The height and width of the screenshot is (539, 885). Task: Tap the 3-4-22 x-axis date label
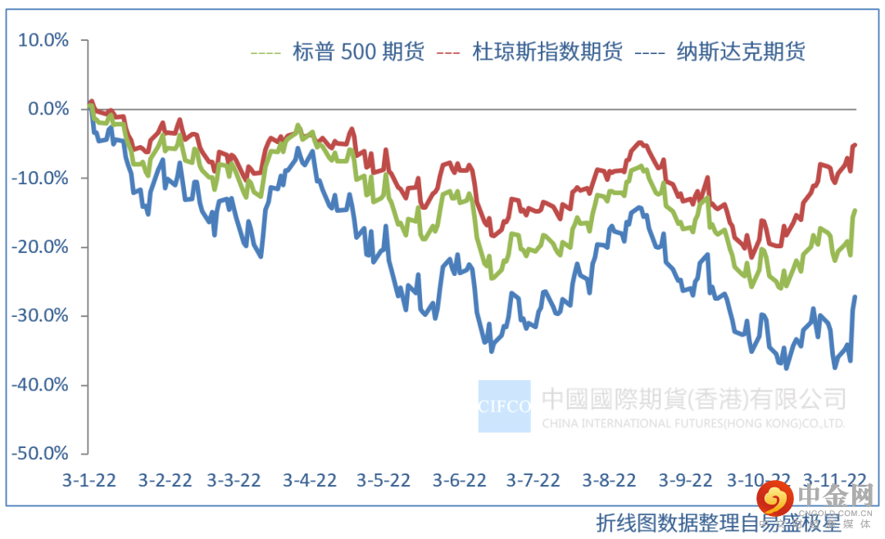(310, 480)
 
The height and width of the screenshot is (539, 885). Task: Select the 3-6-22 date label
(460, 480)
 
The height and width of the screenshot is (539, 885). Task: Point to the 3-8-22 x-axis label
(610, 480)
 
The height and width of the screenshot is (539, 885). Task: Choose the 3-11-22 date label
(833, 480)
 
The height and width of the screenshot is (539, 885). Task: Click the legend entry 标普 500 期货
(358, 52)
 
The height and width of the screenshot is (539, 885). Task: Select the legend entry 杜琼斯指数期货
(547, 52)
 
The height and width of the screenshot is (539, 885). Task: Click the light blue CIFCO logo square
(505, 405)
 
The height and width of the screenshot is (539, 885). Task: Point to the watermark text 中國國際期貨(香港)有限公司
(693, 399)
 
